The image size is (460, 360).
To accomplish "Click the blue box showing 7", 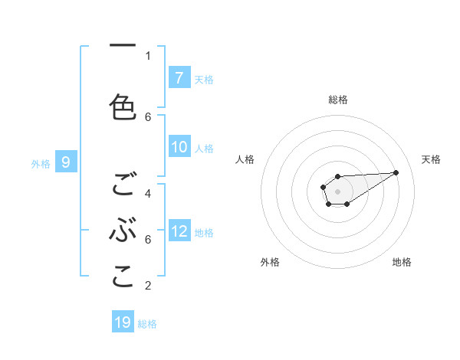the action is point(179,77).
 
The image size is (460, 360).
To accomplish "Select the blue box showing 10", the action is point(179,147).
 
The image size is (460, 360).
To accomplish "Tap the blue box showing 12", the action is point(179,231).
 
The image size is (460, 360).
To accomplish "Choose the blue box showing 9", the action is point(66,162).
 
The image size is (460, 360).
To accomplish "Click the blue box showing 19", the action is point(123,322).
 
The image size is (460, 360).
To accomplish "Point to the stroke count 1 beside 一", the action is point(148,55).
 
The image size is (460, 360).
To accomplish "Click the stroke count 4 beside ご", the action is point(148,193).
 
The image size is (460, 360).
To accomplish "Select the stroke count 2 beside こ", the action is point(148,286).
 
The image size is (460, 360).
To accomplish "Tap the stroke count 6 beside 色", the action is point(148,116).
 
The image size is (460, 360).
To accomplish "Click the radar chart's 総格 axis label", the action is point(337,100).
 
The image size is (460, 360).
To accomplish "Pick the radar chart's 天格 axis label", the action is point(431,159).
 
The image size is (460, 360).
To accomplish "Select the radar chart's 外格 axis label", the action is point(270,263).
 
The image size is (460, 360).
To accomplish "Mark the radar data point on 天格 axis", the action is point(396,172).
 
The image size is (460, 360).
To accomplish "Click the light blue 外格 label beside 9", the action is point(40,163).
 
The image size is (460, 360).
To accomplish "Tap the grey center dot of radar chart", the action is point(337,191).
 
